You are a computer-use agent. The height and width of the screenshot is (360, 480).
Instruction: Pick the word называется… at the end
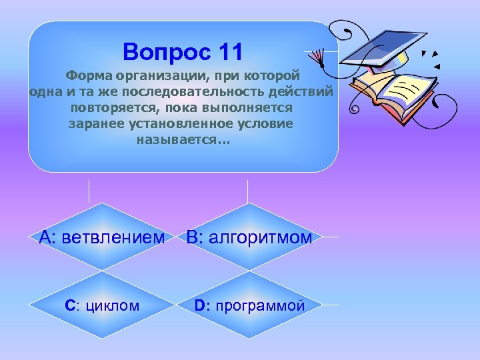click(182, 139)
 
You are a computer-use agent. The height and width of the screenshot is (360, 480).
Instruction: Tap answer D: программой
click(249, 306)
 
